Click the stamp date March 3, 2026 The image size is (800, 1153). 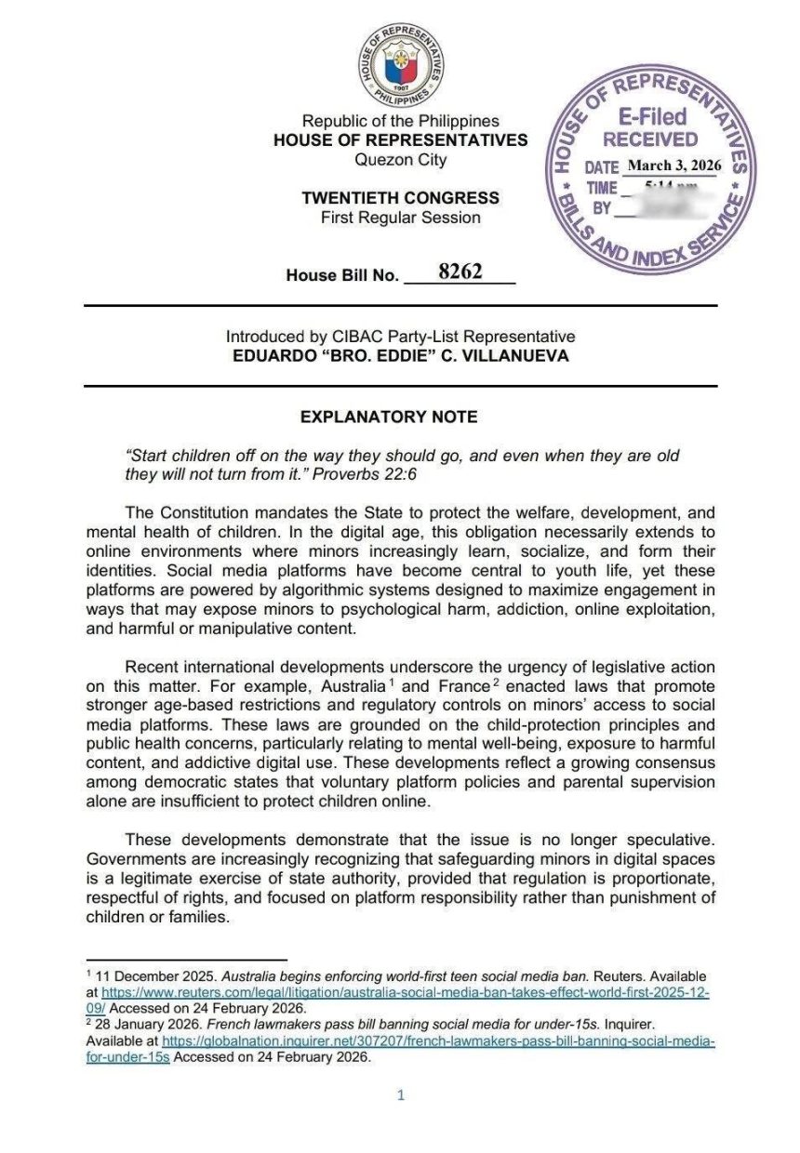[x=674, y=166]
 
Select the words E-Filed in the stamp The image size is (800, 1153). [x=652, y=117]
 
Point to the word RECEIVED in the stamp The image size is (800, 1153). [x=650, y=139]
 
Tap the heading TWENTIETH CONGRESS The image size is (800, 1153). [x=400, y=198]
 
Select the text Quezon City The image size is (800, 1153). [x=400, y=159]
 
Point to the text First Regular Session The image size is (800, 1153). [x=400, y=218]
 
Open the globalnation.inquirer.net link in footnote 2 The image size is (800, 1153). [x=438, y=1041]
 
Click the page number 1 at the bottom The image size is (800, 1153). [x=401, y=1095]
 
